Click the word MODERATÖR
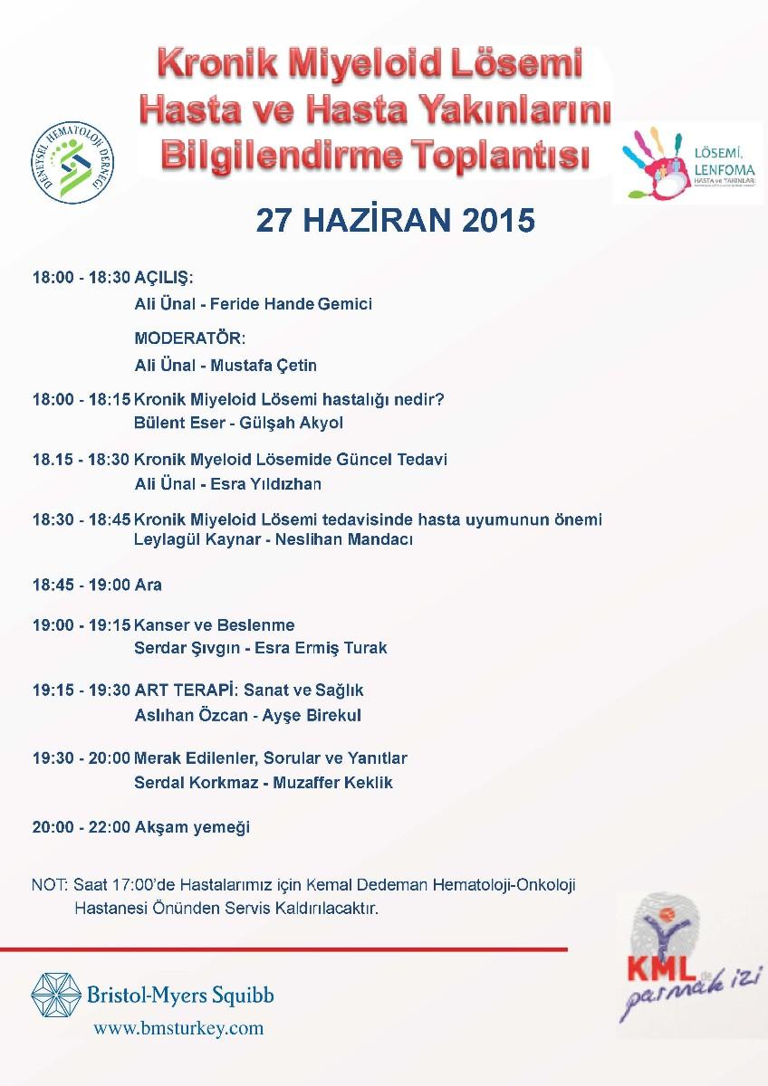point(189,338)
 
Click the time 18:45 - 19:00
point(82,585)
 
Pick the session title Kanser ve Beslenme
point(215,625)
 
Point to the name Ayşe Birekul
point(312,715)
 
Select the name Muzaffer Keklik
point(333,783)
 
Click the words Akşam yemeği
point(192,827)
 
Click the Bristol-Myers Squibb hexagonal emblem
point(57,995)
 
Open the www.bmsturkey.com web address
point(178,1028)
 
